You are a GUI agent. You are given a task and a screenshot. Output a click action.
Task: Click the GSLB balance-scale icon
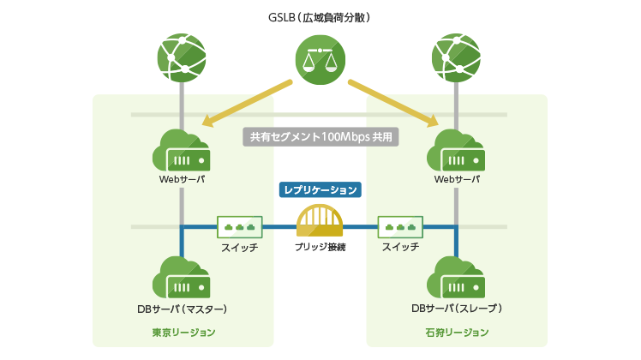pyautogui.click(x=320, y=59)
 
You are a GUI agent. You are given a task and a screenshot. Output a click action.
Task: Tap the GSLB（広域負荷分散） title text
pyautogui.click(x=320, y=17)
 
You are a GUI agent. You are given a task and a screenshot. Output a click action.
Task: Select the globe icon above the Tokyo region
pyautogui.click(x=182, y=58)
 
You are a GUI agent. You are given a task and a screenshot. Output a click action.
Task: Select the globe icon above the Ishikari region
pyautogui.click(x=456, y=58)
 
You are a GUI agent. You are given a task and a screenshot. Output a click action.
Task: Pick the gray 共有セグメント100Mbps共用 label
pyautogui.click(x=321, y=136)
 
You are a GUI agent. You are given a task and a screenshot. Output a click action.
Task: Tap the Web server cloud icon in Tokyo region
pyautogui.click(x=182, y=153)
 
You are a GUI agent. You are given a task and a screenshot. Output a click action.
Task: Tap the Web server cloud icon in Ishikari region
pyautogui.click(x=456, y=153)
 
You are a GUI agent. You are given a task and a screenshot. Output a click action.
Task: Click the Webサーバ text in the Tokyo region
pyautogui.click(x=182, y=180)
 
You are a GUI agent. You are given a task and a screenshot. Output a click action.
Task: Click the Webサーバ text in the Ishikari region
pyautogui.click(x=456, y=180)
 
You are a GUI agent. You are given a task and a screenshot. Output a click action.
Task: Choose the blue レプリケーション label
pyautogui.click(x=320, y=189)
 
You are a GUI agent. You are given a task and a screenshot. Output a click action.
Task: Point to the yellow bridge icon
pyautogui.click(x=320, y=220)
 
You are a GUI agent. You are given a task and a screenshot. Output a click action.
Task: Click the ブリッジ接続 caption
pyautogui.click(x=320, y=247)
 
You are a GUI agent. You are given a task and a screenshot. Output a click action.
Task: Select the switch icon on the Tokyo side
pyautogui.click(x=239, y=226)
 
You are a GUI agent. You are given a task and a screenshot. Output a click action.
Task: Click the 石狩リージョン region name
pyautogui.click(x=457, y=333)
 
